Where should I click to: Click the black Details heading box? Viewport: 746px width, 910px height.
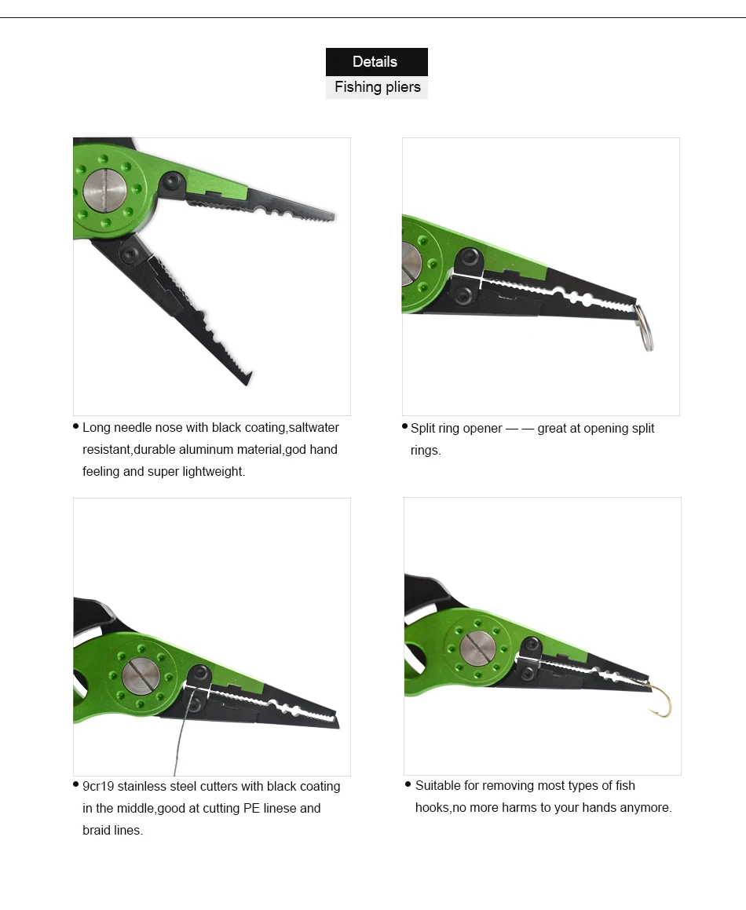377,61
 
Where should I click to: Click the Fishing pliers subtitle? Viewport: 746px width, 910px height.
378,87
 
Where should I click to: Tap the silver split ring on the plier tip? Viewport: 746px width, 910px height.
644,328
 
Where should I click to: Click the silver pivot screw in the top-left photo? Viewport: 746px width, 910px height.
105,189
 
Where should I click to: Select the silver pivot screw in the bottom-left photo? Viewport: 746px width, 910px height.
141,676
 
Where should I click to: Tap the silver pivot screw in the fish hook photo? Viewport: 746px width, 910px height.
477,648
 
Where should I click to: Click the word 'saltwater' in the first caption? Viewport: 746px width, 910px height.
313,428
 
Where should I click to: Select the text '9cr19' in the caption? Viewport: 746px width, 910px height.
98,787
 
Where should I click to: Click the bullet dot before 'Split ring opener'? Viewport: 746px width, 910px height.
404,426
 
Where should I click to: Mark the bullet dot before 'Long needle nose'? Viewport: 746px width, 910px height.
76,426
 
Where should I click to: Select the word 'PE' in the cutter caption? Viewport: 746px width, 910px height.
251,809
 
